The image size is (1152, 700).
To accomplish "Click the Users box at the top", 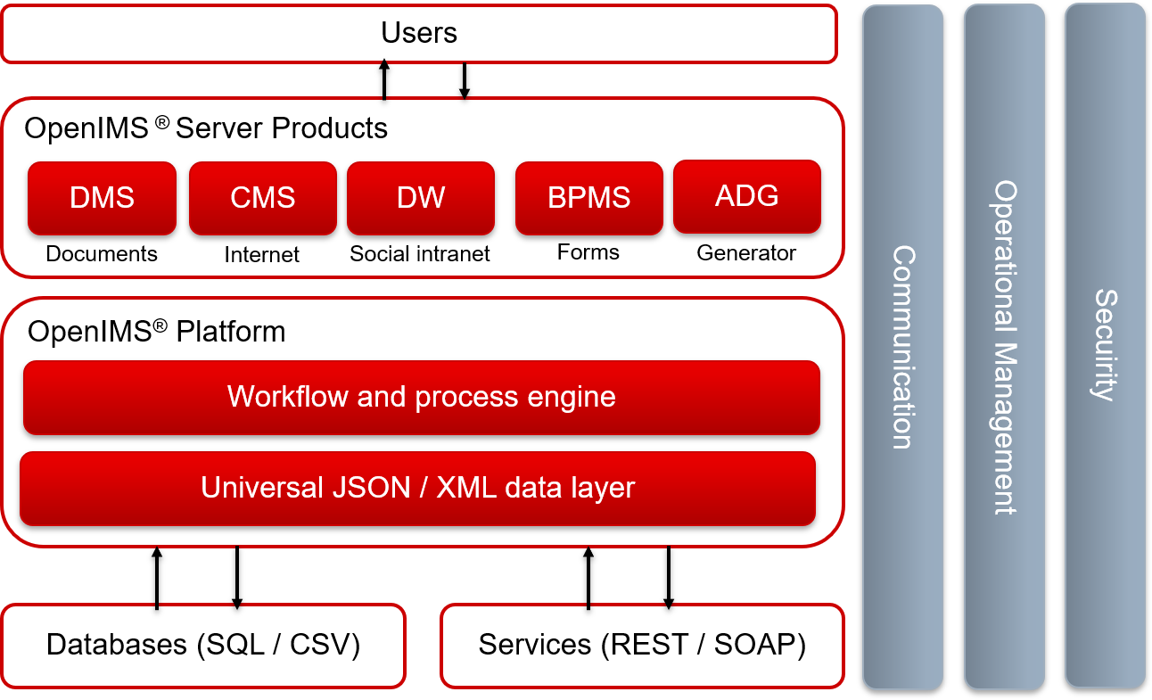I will (x=419, y=34).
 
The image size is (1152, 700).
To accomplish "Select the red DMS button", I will (x=102, y=197).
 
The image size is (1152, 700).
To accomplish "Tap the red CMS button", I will (x=262, y=197).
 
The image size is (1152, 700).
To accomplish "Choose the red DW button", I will (x=420, y=197).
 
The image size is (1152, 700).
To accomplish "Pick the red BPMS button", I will (x=588, y=197).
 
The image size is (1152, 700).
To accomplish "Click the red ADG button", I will (x=746, y=195).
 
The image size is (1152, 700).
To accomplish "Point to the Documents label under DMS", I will (x=102, y=254).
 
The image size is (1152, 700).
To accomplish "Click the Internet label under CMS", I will (x=262, y=255).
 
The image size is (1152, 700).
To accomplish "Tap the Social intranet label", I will (x=420, y=254).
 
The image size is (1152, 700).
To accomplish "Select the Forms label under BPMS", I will (x=588, y=252).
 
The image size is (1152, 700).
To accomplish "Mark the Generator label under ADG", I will (x=746, y=253).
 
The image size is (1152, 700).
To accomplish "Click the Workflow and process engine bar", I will (x=421, y=397).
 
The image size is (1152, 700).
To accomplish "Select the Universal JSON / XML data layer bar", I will (x=417, y=489).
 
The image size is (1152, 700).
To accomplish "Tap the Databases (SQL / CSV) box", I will (x=203, y=645).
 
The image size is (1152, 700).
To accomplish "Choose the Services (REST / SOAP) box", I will (x=642, y=645).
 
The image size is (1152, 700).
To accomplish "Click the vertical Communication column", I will (x=902, y=347).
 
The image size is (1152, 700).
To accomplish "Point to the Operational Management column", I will (x=1004, y=347).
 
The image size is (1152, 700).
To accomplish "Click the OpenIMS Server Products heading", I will (x=206, y=128).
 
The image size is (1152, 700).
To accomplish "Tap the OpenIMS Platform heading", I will (x=157, y=332).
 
